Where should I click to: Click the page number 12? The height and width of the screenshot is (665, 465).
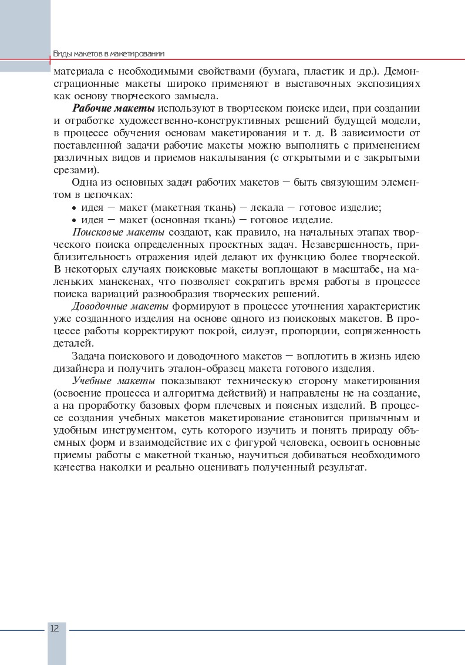[54, 628]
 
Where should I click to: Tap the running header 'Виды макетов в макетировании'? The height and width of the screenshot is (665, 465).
[108, 53]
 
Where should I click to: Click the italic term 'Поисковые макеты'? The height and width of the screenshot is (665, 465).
[109, 232]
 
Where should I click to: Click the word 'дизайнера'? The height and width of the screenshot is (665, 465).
[76, 368]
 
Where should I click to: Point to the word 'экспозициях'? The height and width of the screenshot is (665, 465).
[390, 84]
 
